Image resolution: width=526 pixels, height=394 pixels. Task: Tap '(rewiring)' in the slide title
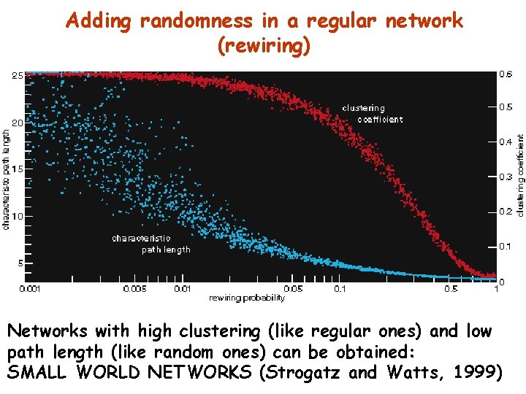click(264, 46)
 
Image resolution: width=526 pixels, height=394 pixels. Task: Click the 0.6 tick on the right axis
click(505, 74)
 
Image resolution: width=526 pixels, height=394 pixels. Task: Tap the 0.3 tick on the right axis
click(505, 177)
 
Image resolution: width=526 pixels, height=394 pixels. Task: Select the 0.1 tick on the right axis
click(505, 247)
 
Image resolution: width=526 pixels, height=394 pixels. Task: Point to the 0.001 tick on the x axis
click(30, 290)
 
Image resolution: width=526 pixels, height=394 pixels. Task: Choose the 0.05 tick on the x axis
click(292, 290)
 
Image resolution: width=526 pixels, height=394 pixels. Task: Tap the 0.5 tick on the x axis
click(451, 290)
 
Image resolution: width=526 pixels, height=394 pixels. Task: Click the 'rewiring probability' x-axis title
click(246, 298)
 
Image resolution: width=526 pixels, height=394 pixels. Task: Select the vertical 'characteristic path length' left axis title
click(7, 180)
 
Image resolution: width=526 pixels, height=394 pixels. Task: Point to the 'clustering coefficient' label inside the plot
click(372, 114)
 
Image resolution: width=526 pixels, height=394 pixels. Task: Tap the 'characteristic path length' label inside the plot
click(150, 244)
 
